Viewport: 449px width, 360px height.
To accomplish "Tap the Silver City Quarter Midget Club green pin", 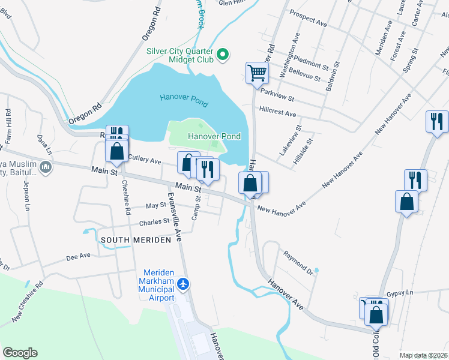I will coord(223,56).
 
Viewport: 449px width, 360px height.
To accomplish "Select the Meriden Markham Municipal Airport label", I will coord(158,284).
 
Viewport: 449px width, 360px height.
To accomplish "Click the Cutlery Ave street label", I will coord(145,161).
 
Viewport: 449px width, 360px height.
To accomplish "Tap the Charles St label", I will coord(154,221).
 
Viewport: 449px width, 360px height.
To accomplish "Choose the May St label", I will coord(156,205).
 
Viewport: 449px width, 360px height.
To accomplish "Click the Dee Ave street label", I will coord(78,256).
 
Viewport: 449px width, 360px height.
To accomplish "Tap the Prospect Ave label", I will coord(308,18).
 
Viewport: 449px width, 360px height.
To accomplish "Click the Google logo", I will coord(20,353).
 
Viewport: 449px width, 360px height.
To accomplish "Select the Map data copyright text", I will coord(424,355).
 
